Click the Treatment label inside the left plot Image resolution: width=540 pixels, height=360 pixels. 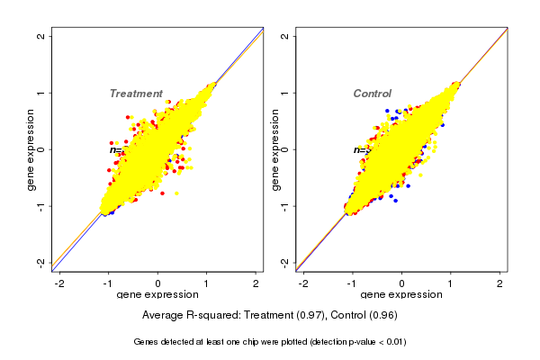point(136,94)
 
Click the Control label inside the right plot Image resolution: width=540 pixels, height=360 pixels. point(372,94)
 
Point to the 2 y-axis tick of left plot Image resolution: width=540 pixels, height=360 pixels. point(42,37)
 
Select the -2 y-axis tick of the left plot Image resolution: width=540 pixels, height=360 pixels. point(42,262)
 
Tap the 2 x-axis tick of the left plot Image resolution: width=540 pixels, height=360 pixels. point(256,284)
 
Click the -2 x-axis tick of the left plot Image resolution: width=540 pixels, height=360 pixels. point(59,284)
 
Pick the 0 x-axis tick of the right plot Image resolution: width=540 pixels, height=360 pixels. point(401,284)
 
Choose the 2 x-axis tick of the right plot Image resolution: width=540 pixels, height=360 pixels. point(499,284)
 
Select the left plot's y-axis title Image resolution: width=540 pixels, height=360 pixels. point(31,149)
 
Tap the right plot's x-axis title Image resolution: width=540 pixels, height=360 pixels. point(401,296)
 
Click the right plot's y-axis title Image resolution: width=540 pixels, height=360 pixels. point(274,149)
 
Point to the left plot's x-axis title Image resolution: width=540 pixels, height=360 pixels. point(157,296)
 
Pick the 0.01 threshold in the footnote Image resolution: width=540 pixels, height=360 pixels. point(392,342)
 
